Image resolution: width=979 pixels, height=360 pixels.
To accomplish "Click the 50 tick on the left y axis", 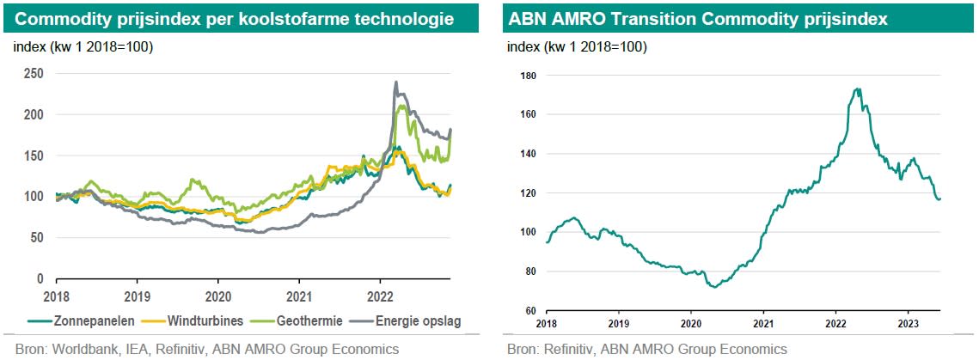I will tap(36, 238).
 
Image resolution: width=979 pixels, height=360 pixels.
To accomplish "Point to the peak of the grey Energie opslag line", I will tap(395, 82).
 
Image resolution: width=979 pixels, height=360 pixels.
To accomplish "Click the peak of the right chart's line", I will tap(857, 88).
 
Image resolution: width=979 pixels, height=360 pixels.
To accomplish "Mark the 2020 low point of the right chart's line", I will tap(716, 287).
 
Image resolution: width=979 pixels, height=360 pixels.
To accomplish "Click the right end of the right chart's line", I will tap(939, 198).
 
